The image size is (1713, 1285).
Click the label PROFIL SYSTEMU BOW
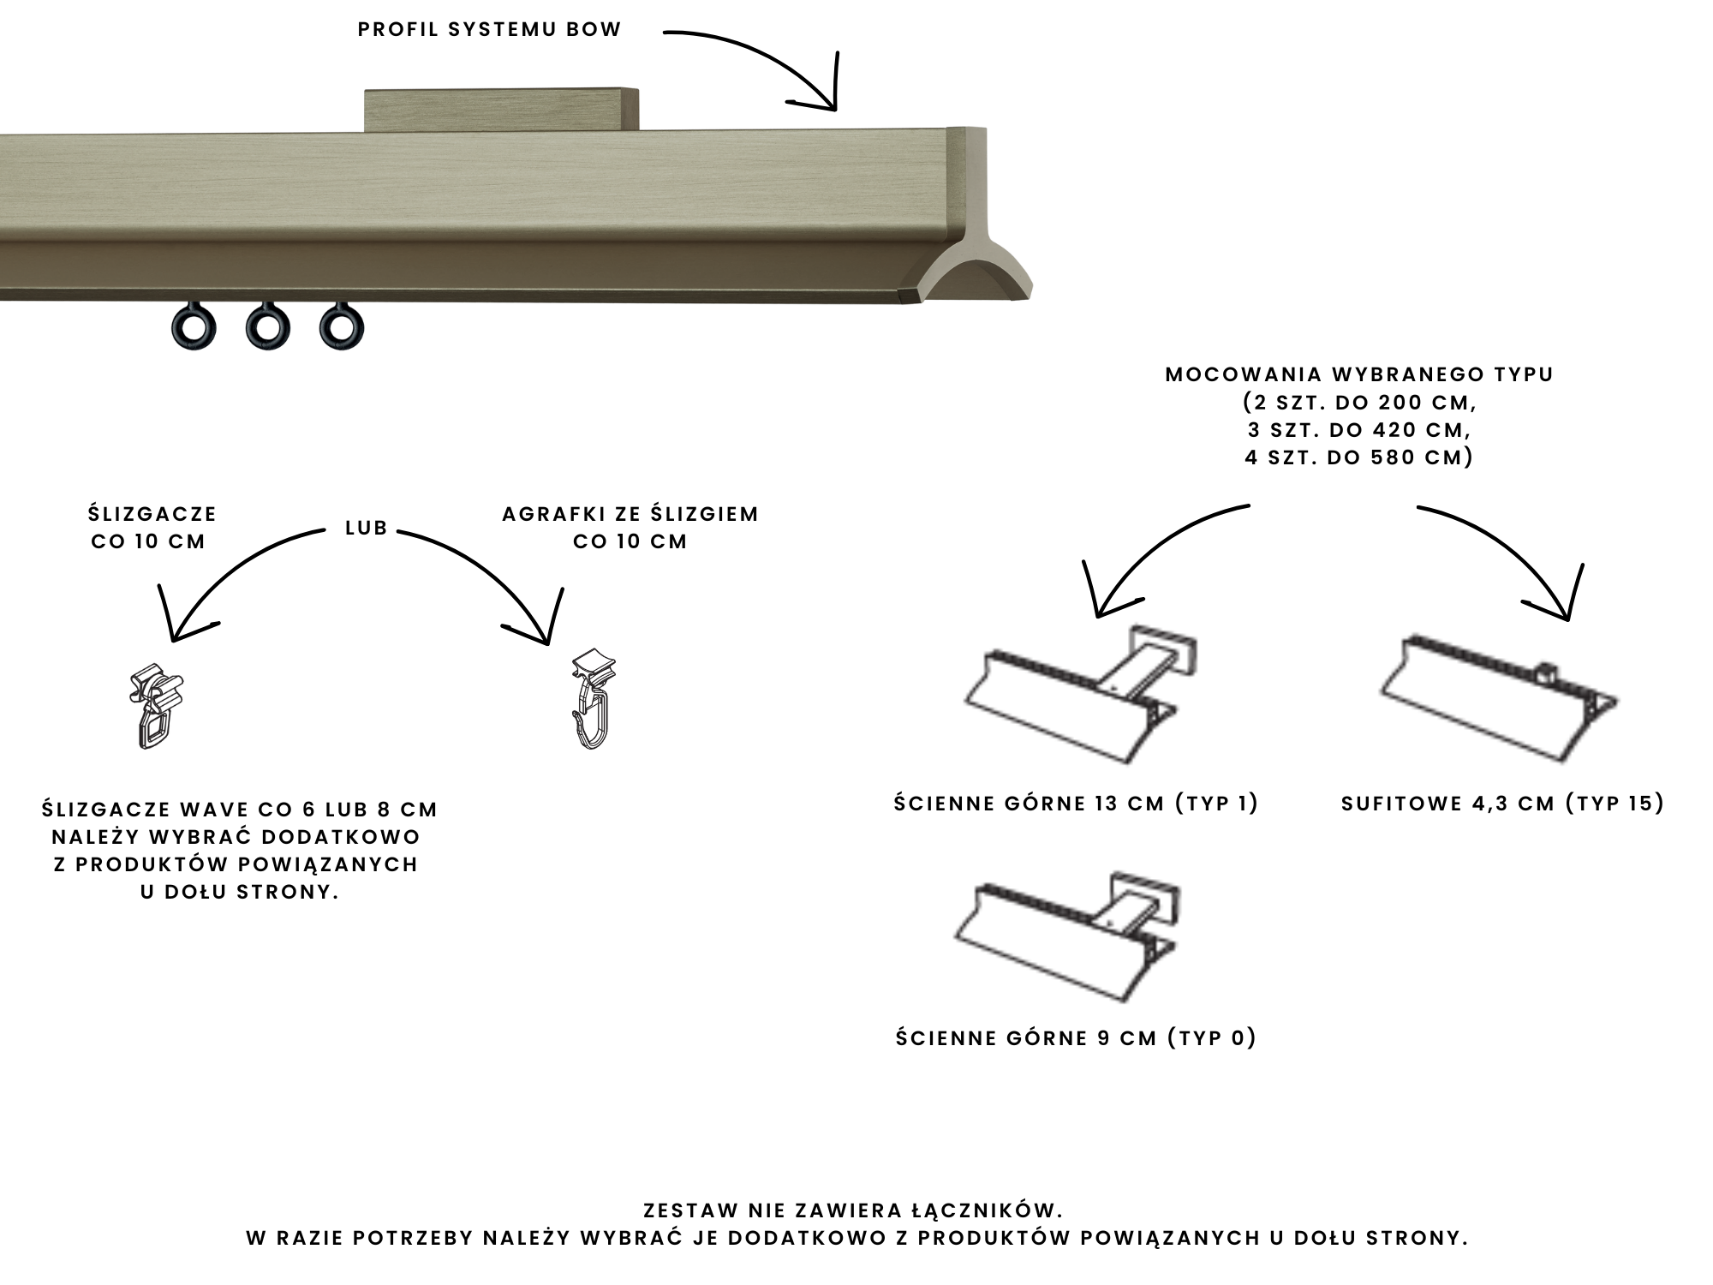pyautogui.click(x=489, y=30)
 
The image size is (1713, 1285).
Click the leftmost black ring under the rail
pyautogui.click(x=194, y=328)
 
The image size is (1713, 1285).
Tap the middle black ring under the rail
pyautogui.click(x=267, y=328)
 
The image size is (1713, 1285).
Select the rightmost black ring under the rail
pyautogui.click(x=341, y=328)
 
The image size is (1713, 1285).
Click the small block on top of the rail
pyautogui.click(x=502, y=110)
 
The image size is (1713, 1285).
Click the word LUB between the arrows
pyautogui.click(x=367, y=529)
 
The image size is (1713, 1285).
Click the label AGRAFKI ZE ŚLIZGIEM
pyautogui.click(x=630, y=515)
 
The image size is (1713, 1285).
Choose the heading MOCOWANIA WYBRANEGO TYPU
pyautogui.click(x=1359, y=375)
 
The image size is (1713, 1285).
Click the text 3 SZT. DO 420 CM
pyautogui.click(x=1359, y=430)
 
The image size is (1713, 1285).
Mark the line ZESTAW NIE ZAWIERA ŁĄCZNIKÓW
pyautogui.click(x=853, y=1210)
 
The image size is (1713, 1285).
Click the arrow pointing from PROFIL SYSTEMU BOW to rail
pyautogui.click(x=771, y=60)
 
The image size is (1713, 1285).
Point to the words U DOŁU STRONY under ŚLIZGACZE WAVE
pyautogui.click(x=240, y=892)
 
